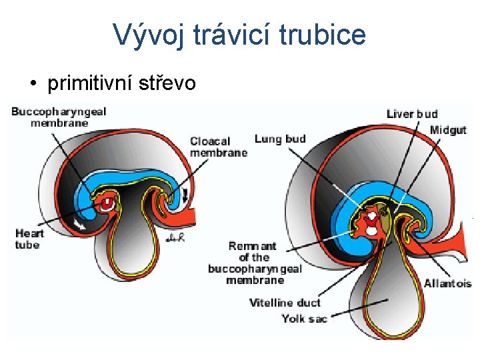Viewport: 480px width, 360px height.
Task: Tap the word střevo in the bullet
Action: click(x=163, y=83)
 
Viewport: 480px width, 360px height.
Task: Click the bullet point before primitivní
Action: click(x=32, y=84)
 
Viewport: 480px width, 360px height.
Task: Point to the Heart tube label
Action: click(x=29, y=239)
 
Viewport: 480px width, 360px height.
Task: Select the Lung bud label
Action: click(x=280, y=139)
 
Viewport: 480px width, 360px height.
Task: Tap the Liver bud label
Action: click(x=412, y=114)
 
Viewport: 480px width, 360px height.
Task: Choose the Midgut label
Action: click(x=447, y=130)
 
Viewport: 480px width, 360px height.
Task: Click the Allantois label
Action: click(x=447, y=283)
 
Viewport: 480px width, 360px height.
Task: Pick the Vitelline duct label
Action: click(x=285, y=303)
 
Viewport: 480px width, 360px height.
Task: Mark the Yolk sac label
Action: click(x=304, y=319)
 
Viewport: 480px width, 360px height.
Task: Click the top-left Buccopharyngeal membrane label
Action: click(x=59, y=117)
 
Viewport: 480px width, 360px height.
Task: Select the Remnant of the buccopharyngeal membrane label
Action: click(x=255, y=263)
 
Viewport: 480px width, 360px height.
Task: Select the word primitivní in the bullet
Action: click(x=91, y=83)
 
